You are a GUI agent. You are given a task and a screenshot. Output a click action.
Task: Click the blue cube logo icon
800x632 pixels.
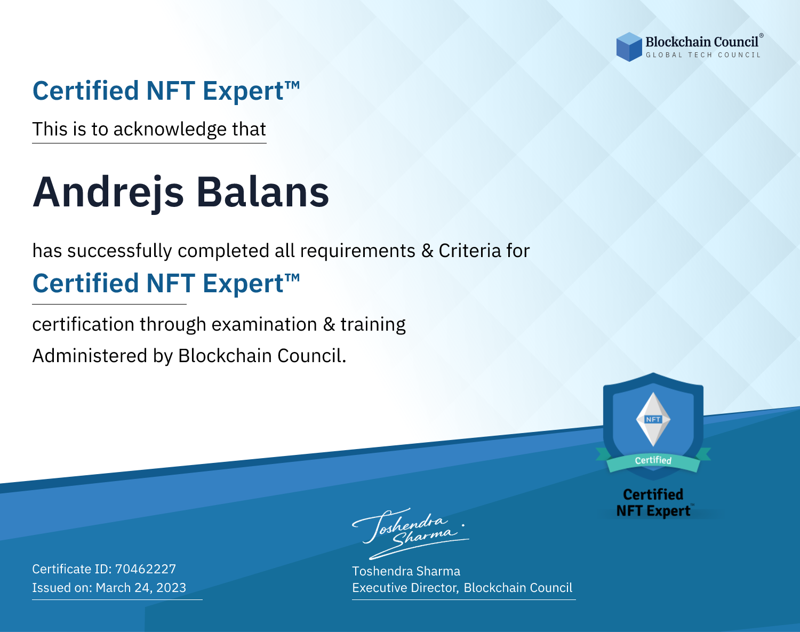click(629, 47)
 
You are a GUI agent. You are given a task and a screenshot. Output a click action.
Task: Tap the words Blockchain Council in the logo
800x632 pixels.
click(702, 42)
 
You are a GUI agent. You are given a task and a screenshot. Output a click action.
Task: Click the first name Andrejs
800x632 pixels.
click(108, 193)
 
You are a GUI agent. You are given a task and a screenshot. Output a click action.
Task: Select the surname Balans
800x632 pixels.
click(262, 192)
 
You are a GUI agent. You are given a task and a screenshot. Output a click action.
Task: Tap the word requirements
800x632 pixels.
click(358, 251)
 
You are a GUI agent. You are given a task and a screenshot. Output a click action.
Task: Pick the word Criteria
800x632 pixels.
click(469, 251)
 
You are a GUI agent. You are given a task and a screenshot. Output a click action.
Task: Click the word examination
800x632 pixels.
click(265, 324)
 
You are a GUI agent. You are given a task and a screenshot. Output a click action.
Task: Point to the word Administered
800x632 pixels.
click(90, 356)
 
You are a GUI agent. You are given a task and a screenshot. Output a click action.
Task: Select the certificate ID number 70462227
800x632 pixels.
click(146, 569)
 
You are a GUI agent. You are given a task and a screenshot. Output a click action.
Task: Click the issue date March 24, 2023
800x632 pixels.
click(141, 588)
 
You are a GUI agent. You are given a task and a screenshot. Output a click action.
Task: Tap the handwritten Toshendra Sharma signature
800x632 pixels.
click(410, 533)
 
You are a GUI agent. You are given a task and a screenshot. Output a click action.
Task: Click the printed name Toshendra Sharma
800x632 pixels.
click(406, 571)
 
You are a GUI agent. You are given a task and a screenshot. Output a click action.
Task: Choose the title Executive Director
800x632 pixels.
click(405, 588)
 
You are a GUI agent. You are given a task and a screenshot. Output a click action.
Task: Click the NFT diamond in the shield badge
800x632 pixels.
click(653, 419)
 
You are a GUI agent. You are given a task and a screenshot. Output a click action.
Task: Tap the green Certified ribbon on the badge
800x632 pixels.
click(653, 461)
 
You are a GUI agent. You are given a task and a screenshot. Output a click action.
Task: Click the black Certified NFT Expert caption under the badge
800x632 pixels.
click(653, 502)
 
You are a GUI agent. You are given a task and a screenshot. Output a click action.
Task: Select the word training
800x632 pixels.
click(373, 325)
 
